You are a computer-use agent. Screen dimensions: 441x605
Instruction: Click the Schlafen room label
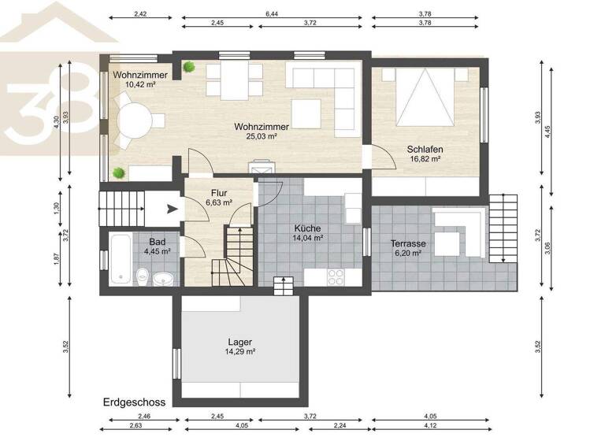[x=424, y=149]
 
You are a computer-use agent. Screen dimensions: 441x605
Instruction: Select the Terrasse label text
[x=408, y=243]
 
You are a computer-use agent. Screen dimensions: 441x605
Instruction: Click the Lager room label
[x=239, y=342]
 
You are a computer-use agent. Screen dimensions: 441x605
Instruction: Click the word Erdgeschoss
[x=134, y=402]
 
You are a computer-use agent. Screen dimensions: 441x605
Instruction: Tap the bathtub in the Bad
[x=121, y=258]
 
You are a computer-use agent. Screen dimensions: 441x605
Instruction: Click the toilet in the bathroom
[x=143, y=276]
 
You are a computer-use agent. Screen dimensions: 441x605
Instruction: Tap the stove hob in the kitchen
[x=334, y=276]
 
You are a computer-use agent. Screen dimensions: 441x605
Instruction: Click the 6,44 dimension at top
[x=273, y=14]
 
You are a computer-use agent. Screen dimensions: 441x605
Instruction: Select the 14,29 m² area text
[x=239, y=352]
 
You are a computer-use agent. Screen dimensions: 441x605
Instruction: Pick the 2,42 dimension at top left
[x=141, y=14]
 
